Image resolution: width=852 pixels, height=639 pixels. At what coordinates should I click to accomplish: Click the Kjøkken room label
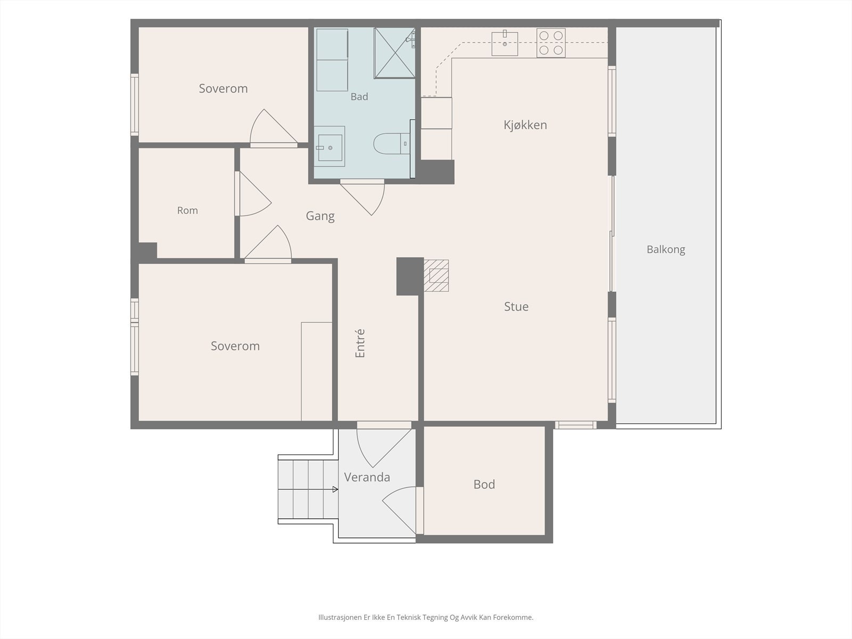525,125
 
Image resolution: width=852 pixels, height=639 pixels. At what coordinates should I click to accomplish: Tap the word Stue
516,307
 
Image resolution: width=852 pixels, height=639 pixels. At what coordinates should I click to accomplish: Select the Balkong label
666,249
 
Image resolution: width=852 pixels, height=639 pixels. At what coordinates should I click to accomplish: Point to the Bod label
484,484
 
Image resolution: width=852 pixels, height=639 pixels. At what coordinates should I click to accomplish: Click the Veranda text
367,477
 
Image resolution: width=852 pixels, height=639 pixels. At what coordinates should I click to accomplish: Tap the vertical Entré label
360,343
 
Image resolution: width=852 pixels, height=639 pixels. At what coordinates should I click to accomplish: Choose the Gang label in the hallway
320,216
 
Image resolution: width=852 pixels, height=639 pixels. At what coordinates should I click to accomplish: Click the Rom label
187,210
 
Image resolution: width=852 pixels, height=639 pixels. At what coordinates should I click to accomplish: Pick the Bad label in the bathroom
359,96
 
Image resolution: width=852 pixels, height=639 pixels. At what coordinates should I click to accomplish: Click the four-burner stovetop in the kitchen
551,43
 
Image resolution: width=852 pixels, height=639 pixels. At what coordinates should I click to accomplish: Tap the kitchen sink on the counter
505,44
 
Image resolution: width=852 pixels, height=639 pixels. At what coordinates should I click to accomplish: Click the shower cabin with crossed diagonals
395,53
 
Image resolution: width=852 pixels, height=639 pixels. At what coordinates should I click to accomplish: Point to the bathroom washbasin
330,146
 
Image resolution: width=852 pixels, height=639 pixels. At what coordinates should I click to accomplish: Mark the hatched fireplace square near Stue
436,275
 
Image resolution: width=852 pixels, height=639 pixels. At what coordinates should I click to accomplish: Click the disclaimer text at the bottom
426,617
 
